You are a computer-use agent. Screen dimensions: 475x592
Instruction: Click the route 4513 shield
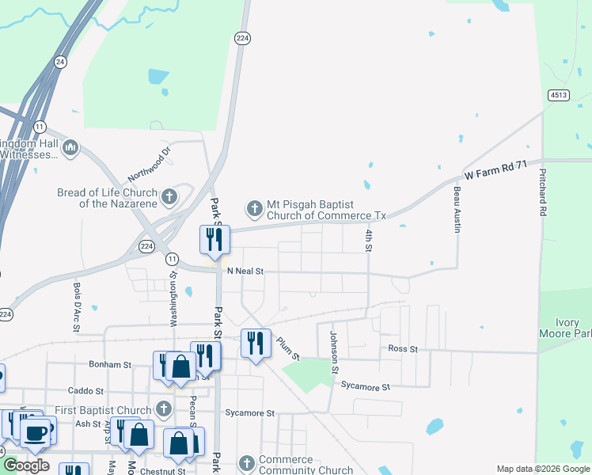558,95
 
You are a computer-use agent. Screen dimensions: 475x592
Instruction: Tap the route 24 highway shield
60,61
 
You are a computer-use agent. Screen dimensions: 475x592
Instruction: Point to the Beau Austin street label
457,210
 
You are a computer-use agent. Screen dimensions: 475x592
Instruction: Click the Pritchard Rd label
543,192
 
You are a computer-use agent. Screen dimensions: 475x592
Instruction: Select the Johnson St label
335,351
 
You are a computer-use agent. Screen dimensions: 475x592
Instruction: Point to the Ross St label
403,348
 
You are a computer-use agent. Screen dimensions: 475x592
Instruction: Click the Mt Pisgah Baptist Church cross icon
255,208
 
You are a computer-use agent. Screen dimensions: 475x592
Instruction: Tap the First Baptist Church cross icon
163,409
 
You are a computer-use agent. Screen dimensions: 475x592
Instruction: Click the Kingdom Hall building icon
70,147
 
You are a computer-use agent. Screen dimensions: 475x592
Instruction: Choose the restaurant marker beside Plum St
255,343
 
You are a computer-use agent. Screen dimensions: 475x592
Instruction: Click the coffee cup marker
36,433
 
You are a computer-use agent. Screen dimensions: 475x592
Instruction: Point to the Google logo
26,465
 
